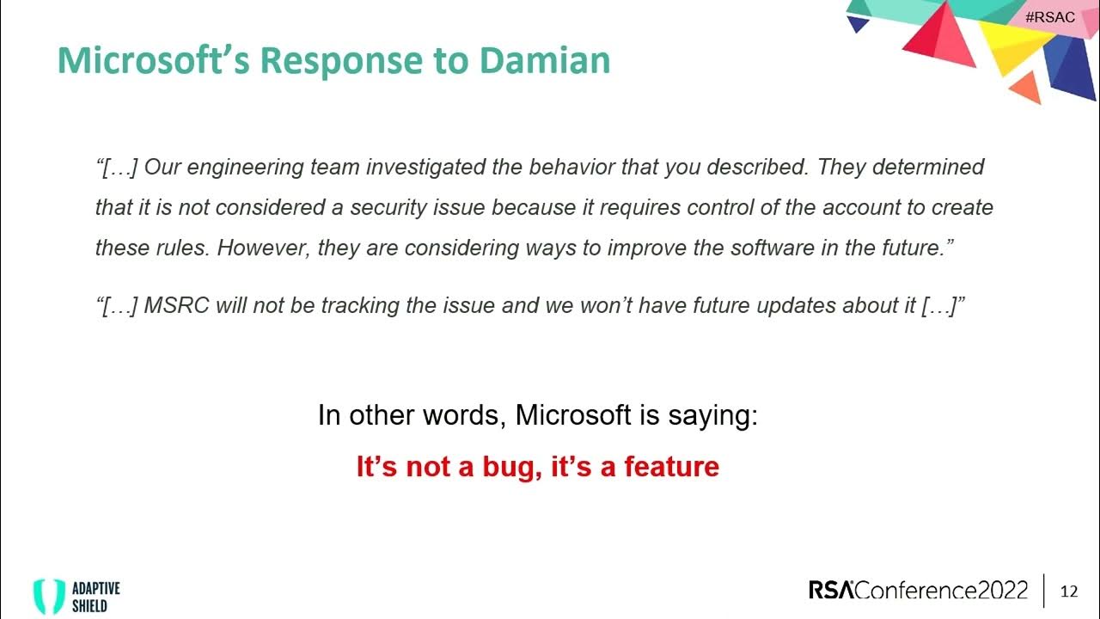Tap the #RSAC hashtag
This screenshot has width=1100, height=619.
(1049, 17)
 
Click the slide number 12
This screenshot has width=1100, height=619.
(1069, 591)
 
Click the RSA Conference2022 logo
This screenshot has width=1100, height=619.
(918, 591)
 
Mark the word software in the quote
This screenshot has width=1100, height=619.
(778, 248)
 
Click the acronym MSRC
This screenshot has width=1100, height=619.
(177, 307)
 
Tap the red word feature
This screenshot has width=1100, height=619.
(671, 467)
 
